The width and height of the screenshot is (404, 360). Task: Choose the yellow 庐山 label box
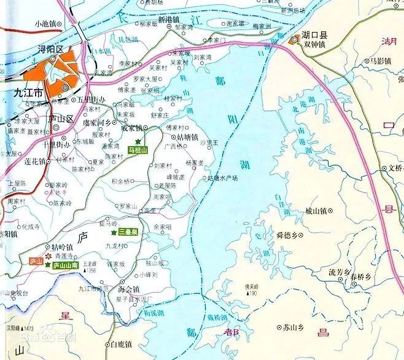pos(36,262)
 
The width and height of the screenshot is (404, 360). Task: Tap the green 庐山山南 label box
pos(65,265)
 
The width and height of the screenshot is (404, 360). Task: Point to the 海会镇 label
pos(129,289)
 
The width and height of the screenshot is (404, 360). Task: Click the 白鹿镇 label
pos(119,345)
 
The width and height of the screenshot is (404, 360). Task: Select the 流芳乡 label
pos(339,272)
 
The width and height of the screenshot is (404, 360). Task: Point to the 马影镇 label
pos(379,61)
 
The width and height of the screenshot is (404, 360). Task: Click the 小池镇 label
pos(45,23)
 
